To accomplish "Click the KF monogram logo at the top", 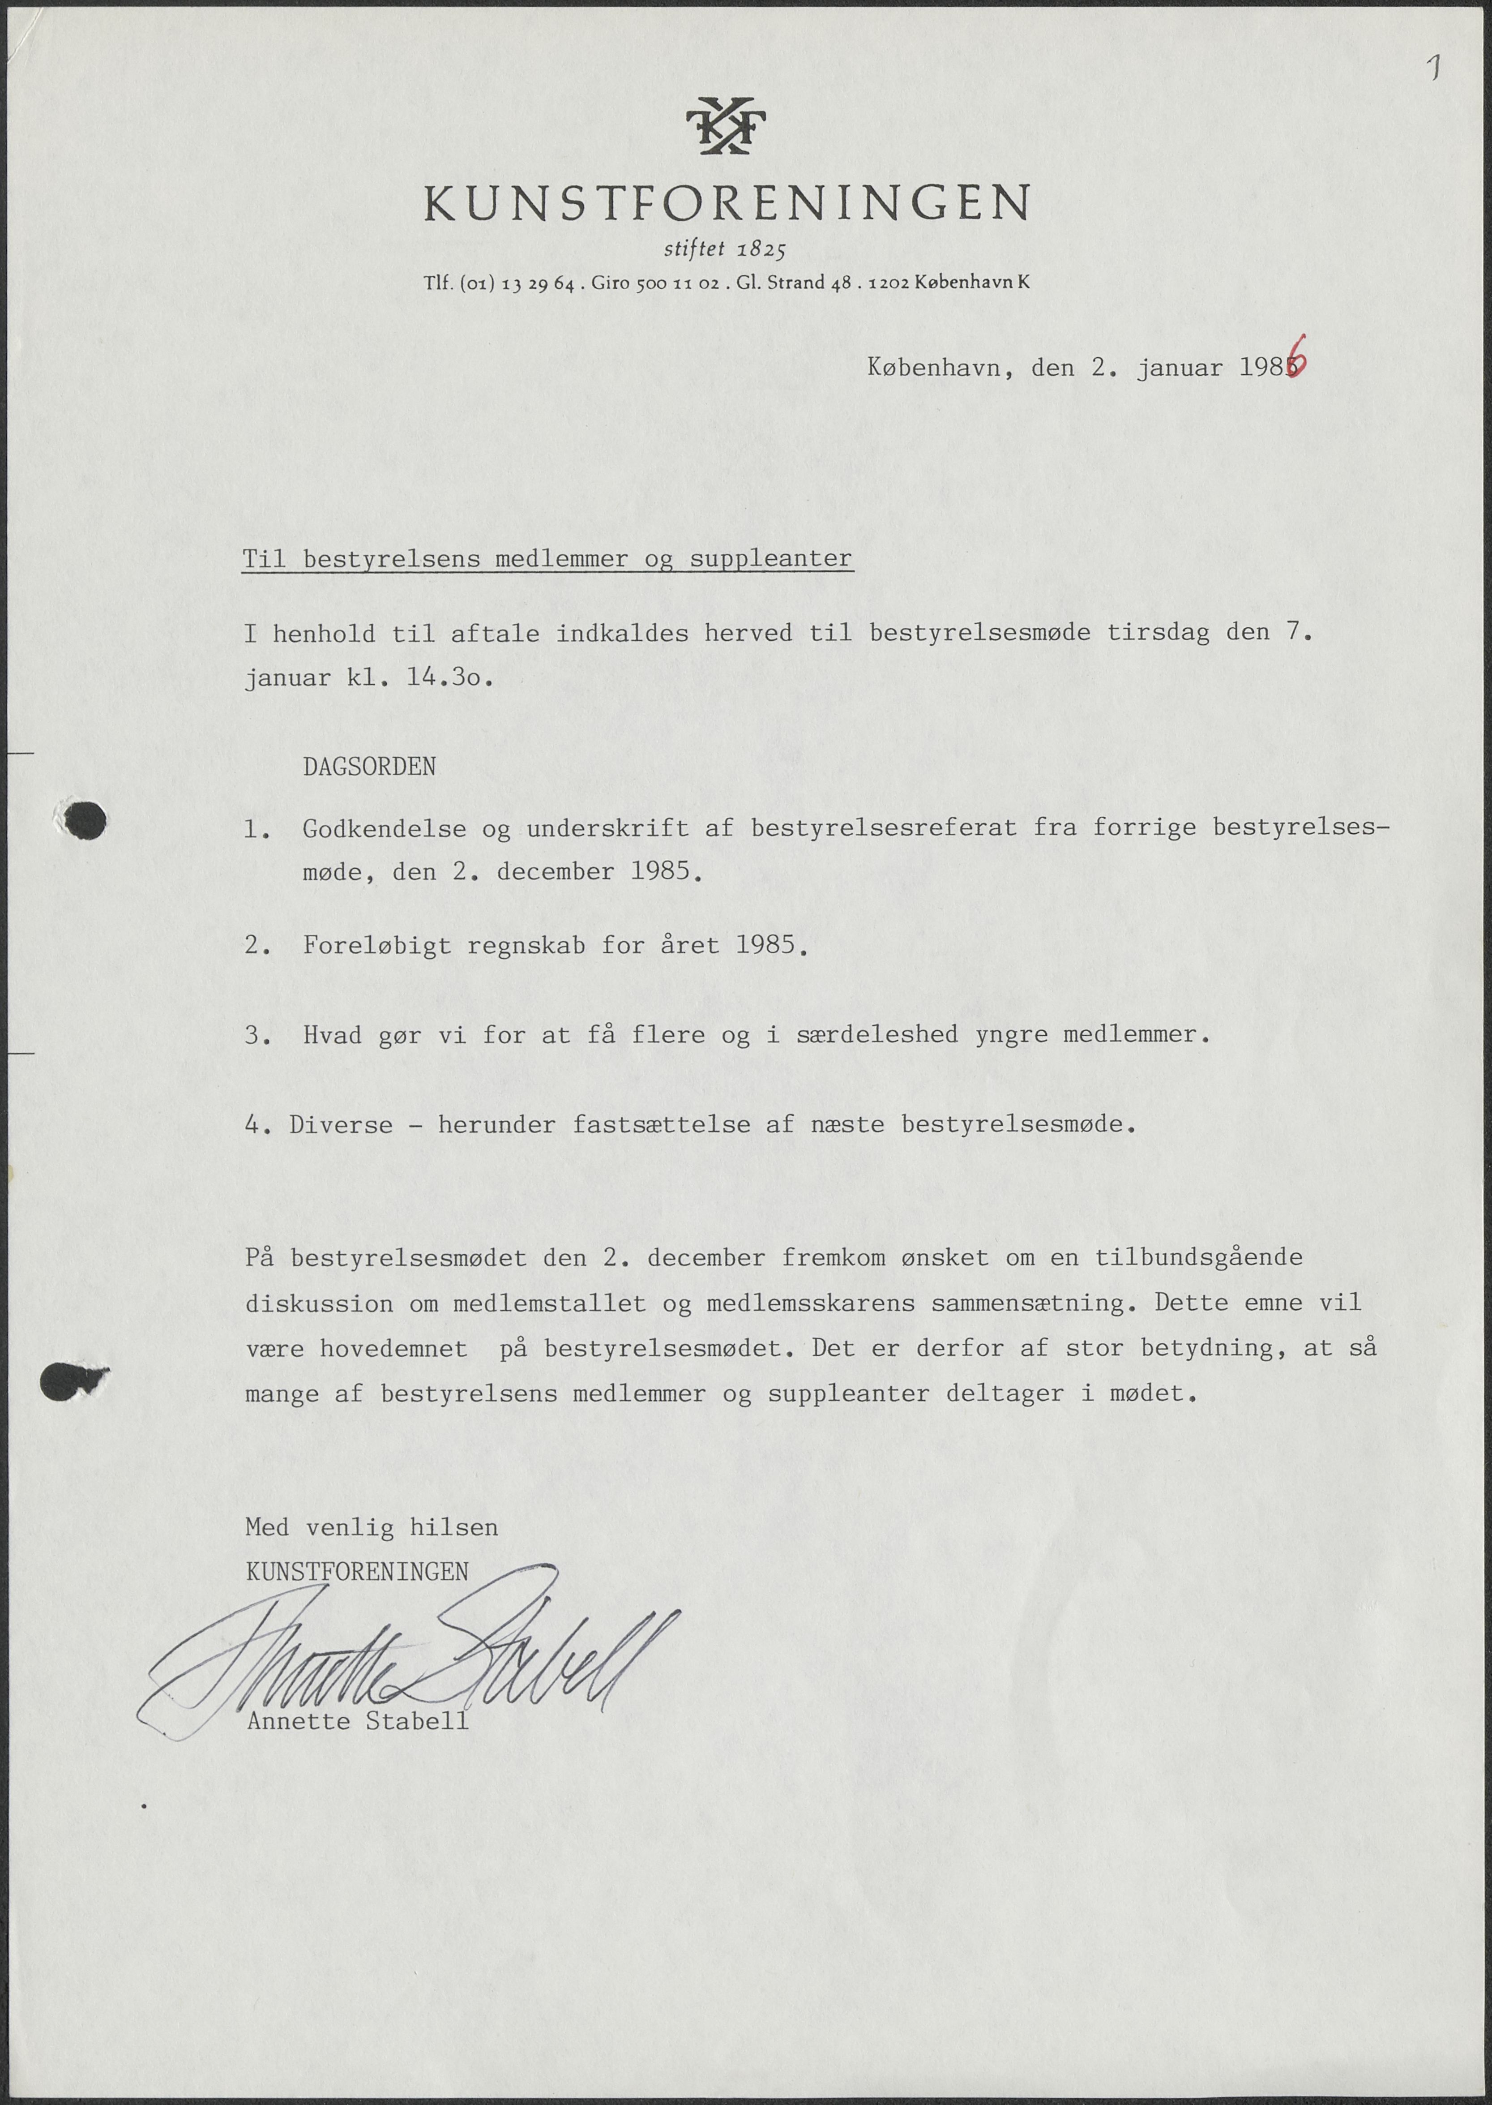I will [726, 126].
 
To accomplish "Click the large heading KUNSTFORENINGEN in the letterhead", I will [727, 203].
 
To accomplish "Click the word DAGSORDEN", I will [369, 767].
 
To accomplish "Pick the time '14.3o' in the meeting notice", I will [449, 679].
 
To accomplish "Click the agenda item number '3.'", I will [257, 1036].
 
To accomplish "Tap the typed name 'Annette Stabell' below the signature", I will [358, 1721].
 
